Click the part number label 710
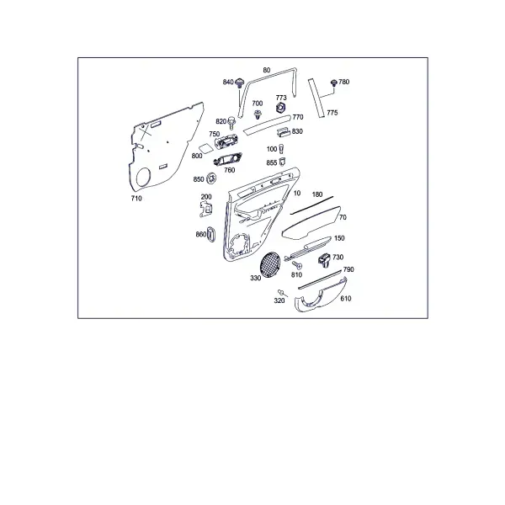[x=136, y=199]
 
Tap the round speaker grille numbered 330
[x=270, y=264]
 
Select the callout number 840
[x=228, y=82]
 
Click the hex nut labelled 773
[x=281, y=107]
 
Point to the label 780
[x=344, y=82]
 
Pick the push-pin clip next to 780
[x=334, y=82]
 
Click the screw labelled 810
[x=297, y=265]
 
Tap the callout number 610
[x=346, y=299]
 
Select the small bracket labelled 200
[x=206, y=209]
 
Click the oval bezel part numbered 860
[x=210, y=234]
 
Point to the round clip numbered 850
[x=211, y=178]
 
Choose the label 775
[x=332, y=113]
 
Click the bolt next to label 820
[x=231, y=123]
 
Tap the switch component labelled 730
[x=325, y=259]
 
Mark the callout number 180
[x=317, y=194]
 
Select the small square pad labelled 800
[x=205, y=148]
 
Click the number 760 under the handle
[x=229, y=170]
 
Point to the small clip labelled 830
[x=283, y=131]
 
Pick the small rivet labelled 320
[x=282, y=292]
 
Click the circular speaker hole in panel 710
[x=143, y=177]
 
